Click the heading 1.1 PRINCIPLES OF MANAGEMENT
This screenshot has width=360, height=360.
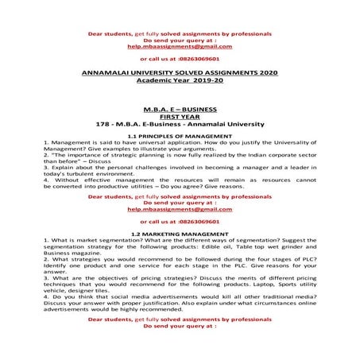[x=180, y=136]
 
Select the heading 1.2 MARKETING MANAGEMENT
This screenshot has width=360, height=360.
[x=180, y=233]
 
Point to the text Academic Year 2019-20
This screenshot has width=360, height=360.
[x=180, y=79]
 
